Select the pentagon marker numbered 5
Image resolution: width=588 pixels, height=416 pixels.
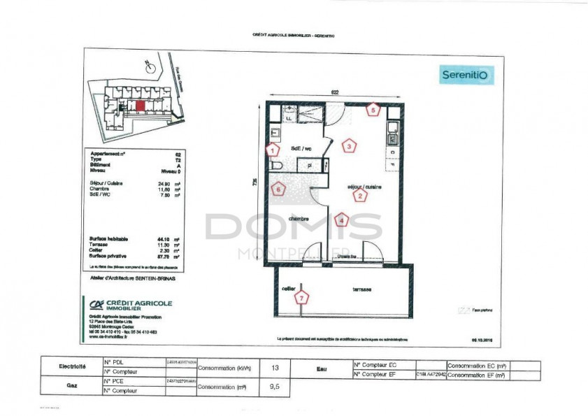[373, 109]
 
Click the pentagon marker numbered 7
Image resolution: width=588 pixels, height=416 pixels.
[301, 298]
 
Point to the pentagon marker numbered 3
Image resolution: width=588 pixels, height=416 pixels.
[348, 146]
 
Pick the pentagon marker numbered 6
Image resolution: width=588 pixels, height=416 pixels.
[279, 189]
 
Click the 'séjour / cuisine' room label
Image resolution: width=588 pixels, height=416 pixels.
[359, 187]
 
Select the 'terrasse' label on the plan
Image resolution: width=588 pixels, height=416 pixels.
[361, 289]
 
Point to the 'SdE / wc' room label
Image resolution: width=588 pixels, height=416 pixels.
[301, 149]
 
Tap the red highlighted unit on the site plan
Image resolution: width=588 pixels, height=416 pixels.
[141, 106]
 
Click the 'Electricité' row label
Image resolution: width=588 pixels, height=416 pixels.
[72, 366]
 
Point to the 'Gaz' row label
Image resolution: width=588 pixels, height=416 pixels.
[72, 385]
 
